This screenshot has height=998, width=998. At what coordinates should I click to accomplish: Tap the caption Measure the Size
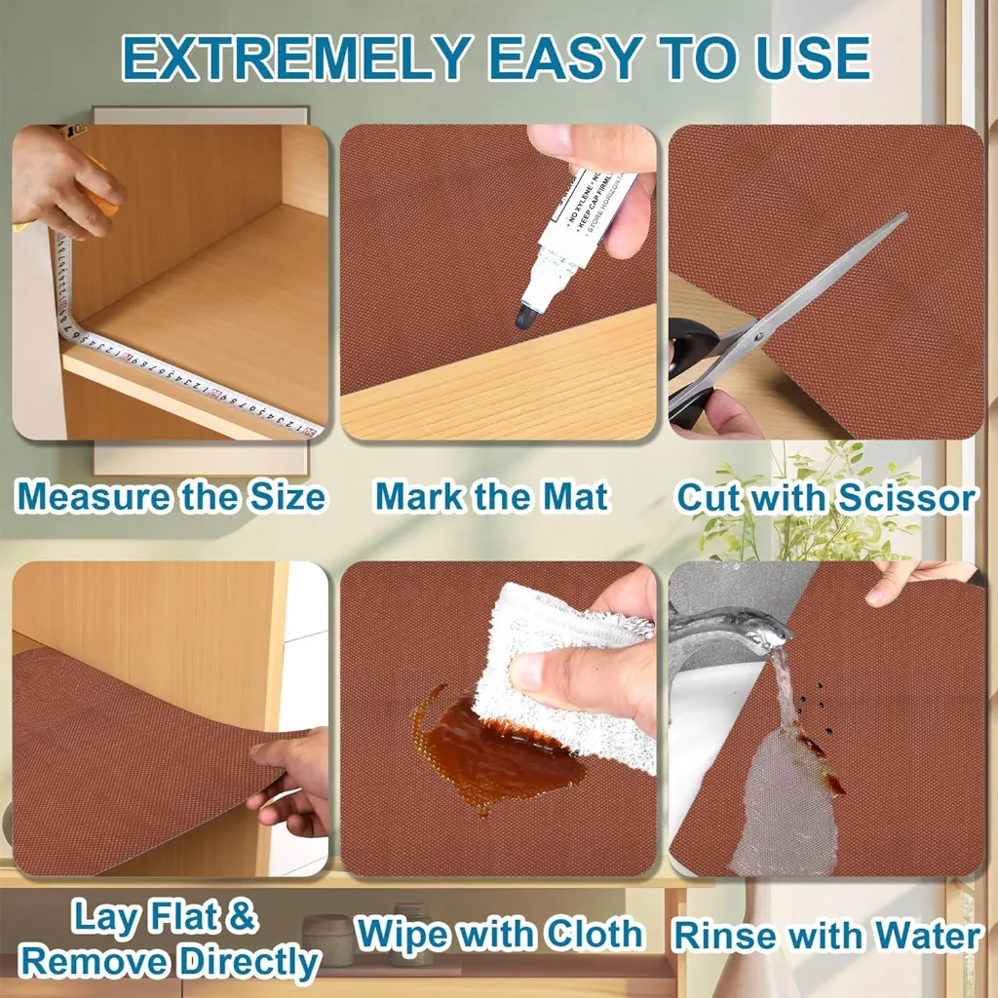point(171,497)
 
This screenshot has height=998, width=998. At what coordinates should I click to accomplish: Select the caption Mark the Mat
point(492,497)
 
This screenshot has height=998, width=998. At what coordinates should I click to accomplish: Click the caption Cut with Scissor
point(826,498)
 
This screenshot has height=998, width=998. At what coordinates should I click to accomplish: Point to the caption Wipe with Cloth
point(499,933)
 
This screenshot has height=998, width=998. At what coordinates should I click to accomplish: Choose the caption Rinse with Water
point(826,936)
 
